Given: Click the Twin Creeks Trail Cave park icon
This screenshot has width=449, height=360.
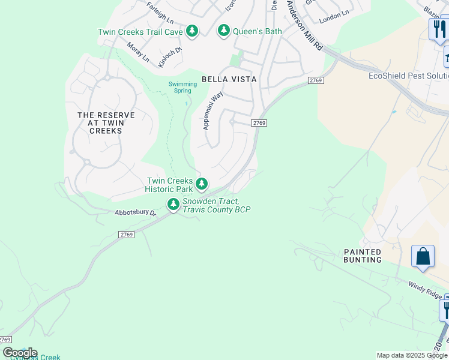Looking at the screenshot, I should pos(191,31).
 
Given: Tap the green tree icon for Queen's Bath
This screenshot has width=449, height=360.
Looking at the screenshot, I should pos(224,30).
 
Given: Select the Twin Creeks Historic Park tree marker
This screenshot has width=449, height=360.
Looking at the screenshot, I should pos(202,184).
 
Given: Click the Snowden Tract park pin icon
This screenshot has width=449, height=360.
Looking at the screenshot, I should pos(173,205).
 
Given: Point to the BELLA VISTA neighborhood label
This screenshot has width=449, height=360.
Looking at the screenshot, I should pos(229,79).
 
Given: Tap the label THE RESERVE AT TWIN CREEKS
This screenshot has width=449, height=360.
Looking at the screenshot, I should pos(106,122).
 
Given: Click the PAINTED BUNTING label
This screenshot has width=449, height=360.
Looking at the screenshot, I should pos(363,256).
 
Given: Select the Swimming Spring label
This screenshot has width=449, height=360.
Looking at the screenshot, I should pos(182,88).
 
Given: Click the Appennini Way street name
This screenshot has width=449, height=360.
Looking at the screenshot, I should pos(213,110).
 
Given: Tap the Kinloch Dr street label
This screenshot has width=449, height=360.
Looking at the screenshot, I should pos(170,57).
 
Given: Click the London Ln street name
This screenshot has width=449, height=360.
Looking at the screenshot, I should pos(334,17).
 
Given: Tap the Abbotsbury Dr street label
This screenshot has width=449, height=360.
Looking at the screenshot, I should pos(136,212).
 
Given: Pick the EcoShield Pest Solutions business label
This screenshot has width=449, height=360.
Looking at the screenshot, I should pos(408,76).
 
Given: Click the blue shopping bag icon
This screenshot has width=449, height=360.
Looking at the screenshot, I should pos(423,256).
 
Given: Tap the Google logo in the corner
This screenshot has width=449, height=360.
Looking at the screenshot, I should pos(20,353).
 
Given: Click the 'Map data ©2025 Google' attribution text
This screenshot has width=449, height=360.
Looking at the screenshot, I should pos(411,355).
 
